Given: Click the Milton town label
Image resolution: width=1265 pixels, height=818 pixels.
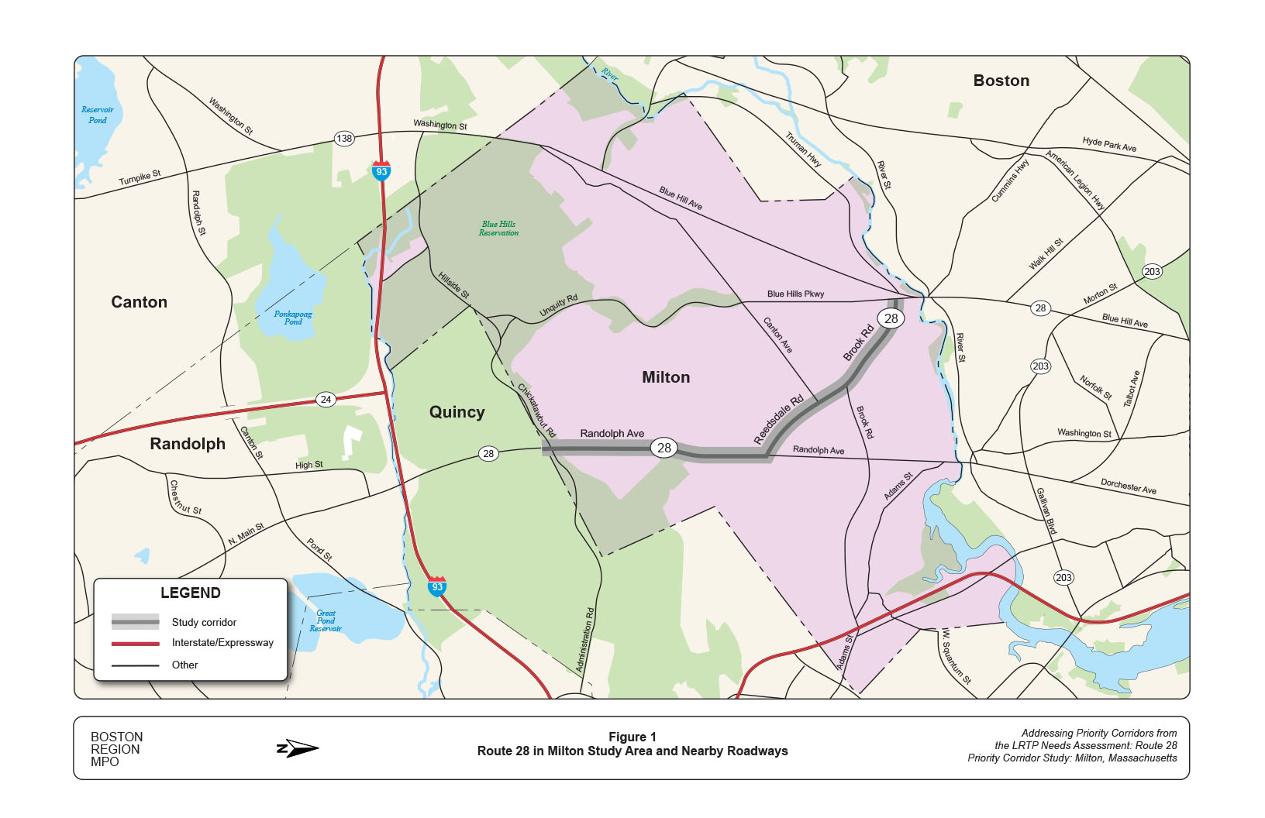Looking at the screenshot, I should click(666, 377).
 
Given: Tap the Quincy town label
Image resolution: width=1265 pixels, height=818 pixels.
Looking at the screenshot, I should click(457, 412).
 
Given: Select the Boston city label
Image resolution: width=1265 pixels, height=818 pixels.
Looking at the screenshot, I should click(1001, 81).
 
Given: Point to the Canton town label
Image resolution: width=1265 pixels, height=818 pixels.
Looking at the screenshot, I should click(140, 302).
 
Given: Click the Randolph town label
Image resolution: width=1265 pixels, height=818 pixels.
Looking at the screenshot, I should click(188, 444).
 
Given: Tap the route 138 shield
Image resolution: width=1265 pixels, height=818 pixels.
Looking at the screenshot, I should click(344, 139).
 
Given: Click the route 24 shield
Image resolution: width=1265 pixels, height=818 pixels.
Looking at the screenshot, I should click(326, 400).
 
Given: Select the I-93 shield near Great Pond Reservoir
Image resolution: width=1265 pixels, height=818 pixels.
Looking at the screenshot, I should click(437, 586).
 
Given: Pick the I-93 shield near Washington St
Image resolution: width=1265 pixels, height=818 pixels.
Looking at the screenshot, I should click(381, 171).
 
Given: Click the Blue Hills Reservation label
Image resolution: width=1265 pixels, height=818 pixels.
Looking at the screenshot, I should click(498, 229).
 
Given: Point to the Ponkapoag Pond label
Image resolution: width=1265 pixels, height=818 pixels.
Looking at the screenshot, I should click(293, 318).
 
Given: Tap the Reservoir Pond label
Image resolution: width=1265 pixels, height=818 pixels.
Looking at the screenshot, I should click(98, 115).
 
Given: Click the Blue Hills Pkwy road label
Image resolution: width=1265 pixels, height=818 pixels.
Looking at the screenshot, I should click(795, 294).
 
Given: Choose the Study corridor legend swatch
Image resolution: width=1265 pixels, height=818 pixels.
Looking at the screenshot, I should click(135, 622).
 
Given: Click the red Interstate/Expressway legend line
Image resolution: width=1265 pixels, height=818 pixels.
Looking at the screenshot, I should click(135, 643).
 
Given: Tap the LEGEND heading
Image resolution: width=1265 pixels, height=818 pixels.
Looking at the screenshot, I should click(191, 593).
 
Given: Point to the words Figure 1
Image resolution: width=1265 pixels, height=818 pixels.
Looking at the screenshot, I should click(632, 737).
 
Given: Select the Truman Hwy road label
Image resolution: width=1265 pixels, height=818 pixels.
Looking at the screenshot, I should click(803, 150).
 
